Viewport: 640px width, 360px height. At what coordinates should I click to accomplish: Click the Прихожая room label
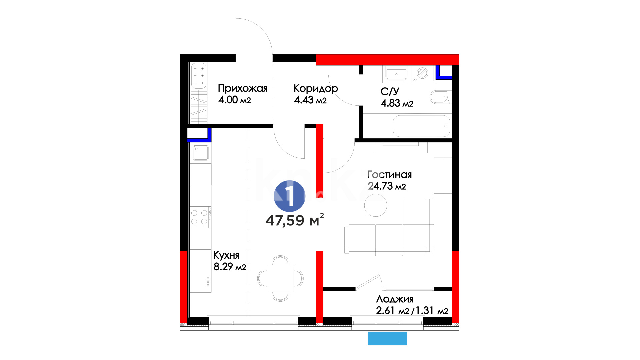coord(243,88)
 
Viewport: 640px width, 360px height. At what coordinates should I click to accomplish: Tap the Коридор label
coord(316,88)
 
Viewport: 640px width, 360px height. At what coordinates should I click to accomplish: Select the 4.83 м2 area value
coord(397,103)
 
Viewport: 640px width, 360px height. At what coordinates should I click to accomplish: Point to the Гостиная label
coord(389,174)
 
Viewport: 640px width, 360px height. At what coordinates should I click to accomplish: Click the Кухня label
coord(226,255)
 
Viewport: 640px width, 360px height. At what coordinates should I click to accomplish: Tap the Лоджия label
coord(395,299)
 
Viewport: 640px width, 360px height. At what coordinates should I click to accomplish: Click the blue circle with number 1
coord(289,196)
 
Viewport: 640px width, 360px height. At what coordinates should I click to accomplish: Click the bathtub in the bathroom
coord(421,126)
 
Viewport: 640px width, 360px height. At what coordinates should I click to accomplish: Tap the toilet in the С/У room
coord(440,97)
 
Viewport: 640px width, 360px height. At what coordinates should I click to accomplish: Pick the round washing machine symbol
coord(423,73)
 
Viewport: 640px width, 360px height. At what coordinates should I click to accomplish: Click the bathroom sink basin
coord(396,73)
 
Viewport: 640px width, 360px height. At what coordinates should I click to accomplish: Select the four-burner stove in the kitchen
coord(201,217)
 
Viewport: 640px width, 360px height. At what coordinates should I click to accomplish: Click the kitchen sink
coord(201,152)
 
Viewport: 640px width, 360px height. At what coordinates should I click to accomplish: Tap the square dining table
coord(280,278)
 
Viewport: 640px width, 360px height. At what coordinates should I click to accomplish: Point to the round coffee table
coord(376,205)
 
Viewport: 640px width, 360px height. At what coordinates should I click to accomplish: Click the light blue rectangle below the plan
coord(387,338)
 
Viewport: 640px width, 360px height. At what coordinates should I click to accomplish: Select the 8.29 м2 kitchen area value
coord(230,267)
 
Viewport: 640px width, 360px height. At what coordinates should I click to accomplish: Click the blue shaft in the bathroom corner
coord(444,72)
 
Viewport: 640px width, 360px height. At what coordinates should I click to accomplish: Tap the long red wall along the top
coord(387,60)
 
